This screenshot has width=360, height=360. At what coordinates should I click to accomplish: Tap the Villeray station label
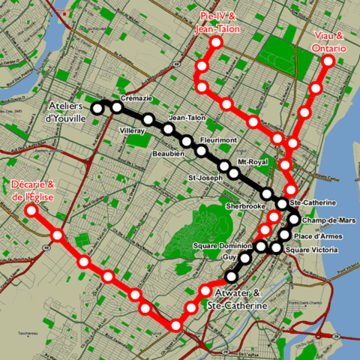pyautogui.click(x=132, y=129)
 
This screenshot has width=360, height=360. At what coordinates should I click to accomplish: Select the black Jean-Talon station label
pyautogui.click(x=187, y=118)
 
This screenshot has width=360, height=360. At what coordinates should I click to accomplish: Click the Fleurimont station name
pyautogui.click(x=219, y=140)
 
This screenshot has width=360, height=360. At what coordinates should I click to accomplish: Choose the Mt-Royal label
pyautogui.click(x=252, y=161)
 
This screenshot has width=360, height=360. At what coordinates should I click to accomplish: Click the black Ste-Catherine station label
pyautogui.click(x=311, y=203)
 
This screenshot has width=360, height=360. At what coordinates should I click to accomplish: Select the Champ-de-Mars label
pyautogui.click(x=326, y=220)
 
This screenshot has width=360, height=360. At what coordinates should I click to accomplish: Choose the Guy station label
pyautogui.click(x=229, y=256)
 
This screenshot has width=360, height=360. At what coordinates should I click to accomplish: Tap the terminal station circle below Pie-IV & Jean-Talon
pyautogui.click(x=216, y=43)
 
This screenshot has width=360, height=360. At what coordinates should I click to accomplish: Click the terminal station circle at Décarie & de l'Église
pyautogui.click(x=31, y=211)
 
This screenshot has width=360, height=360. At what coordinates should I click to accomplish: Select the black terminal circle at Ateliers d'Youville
pyautogui.click(x=97, y=109)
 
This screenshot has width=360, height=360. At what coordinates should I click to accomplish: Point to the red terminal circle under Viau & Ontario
pyautogui.click(x=327, y=62)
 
